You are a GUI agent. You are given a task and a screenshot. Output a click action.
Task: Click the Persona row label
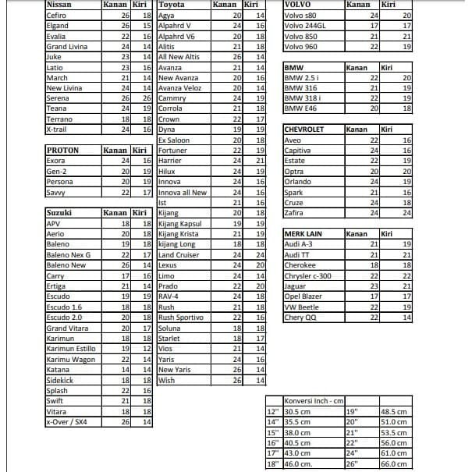point(62,181)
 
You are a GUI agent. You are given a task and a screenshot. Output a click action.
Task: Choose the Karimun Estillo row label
point(71,349)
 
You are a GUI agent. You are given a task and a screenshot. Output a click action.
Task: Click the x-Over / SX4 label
point(69,422)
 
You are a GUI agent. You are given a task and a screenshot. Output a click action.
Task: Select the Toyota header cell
point(172,5)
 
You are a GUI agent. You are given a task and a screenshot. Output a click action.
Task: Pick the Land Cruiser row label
point(179,254)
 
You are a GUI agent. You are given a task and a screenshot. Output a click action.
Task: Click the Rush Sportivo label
point(180,318)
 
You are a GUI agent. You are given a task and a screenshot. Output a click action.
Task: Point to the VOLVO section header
point(299,5)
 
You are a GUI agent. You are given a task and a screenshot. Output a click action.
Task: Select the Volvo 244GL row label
point(306,25)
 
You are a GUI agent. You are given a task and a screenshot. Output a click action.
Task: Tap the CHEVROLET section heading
point(305,129)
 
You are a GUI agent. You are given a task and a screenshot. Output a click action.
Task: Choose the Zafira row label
point(294,212)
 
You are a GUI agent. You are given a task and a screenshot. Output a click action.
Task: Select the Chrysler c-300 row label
point(308,275)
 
